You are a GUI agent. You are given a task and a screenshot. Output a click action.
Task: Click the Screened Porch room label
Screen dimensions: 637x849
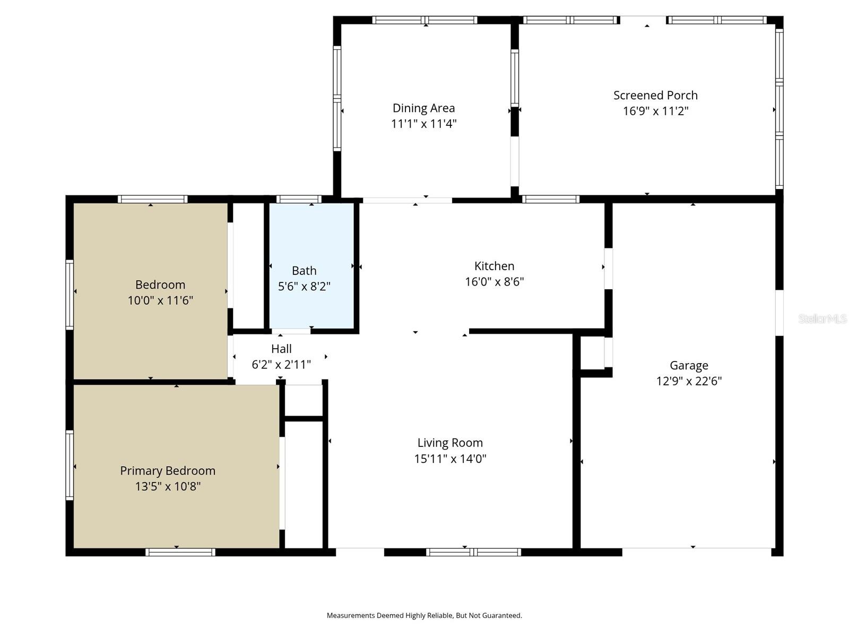(x=655, y=96)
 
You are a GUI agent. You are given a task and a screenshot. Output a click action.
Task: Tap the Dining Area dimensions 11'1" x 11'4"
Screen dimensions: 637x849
(x=423, y=124)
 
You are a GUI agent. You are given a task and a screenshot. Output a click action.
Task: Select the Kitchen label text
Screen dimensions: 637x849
(x=494, y=266)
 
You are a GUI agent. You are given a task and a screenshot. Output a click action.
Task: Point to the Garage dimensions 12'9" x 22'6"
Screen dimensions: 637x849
(x=689, y=381)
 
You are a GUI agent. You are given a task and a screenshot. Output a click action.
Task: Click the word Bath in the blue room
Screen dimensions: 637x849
(x=304, y=271)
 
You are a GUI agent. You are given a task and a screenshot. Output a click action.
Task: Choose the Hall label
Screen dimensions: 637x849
(x=281, y=349)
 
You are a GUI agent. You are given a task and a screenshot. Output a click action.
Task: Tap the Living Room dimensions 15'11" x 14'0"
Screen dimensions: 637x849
(x=450, y=459)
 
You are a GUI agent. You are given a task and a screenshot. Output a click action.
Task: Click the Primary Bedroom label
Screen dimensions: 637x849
(x=168, y=471)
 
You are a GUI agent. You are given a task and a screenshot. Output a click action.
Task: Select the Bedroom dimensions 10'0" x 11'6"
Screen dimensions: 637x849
(x=160, y=300)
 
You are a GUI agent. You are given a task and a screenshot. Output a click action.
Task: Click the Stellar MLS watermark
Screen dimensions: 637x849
(x=822, y=318)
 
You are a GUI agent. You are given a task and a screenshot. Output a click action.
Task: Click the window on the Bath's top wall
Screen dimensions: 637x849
(x=299, y=200)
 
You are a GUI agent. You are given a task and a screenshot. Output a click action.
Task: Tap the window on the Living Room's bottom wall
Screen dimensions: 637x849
(x=473, y=552)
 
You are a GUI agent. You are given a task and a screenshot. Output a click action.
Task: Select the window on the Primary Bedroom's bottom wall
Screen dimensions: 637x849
(x=180, y=552)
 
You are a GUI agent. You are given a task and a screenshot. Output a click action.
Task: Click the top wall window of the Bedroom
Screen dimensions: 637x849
(x=152, y=200)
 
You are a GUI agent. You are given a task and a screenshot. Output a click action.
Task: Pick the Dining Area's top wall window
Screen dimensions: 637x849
(x=424, y=20)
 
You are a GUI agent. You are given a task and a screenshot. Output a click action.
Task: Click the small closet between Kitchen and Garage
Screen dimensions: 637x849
(x=592, y=352)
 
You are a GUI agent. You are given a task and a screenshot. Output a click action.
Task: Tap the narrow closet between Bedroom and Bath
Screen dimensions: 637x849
(x=248, y=265)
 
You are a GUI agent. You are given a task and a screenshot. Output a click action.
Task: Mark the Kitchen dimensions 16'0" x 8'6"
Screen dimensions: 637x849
(x=494, y=282)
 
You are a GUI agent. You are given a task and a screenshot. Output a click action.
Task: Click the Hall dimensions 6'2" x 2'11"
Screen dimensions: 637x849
(x=281, y=365)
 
